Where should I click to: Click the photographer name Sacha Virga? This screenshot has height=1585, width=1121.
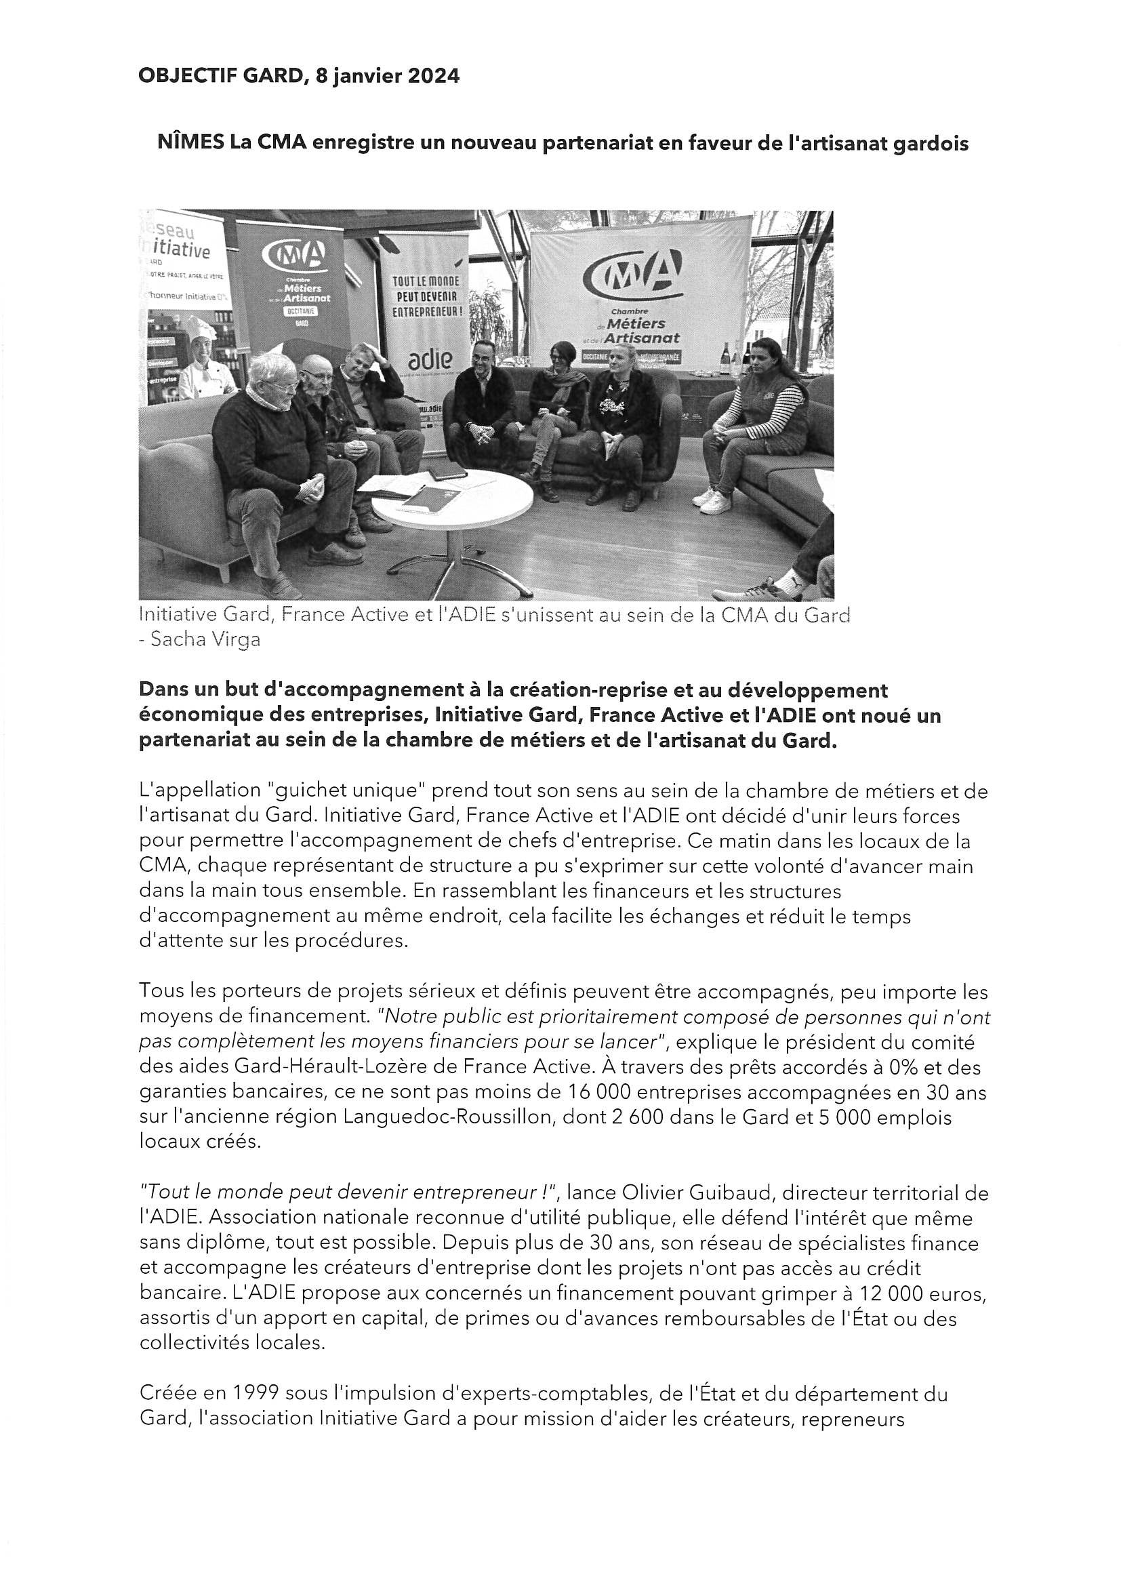point(206,639)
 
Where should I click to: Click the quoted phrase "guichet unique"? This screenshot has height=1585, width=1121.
point(337,790)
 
